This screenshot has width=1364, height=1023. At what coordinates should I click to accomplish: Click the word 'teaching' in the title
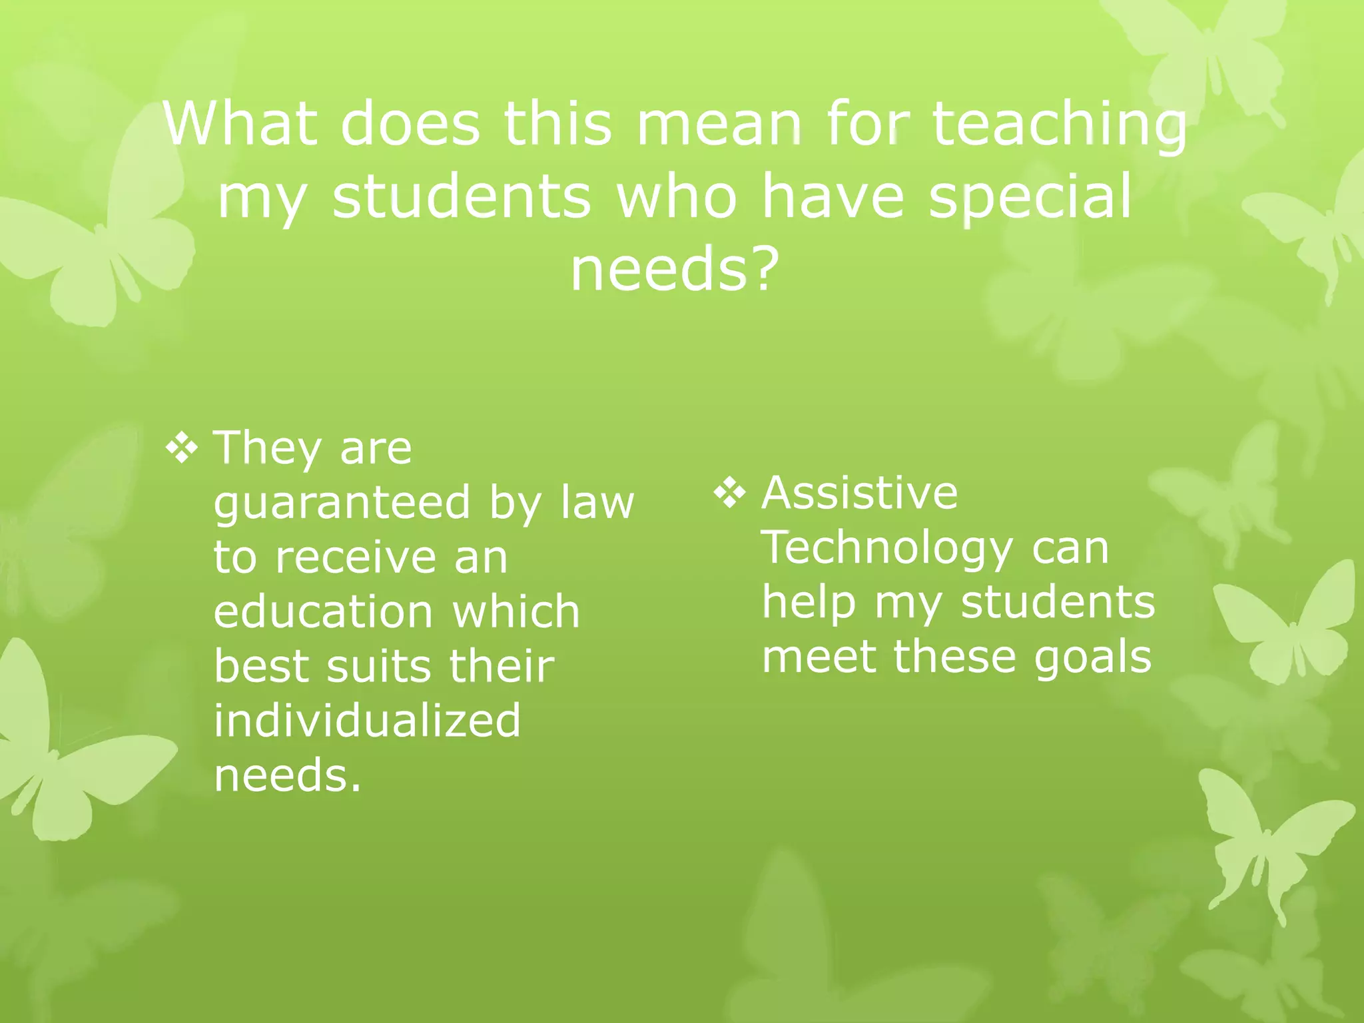(x=1059, y=125)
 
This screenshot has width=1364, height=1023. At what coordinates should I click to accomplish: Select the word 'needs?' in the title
(x=675, y=269)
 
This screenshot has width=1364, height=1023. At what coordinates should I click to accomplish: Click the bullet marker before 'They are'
(x=182, y=448)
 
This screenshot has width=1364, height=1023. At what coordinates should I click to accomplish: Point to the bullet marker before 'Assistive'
(x=730, y=494)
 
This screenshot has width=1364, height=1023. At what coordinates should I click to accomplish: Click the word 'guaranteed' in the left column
(x=342, y=504)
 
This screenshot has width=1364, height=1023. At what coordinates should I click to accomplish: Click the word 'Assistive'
(x=860, y=493)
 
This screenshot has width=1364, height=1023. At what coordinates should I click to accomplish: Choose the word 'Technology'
(x=886, y=549)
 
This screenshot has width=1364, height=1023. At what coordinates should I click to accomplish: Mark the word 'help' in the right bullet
(x=808, y=603)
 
